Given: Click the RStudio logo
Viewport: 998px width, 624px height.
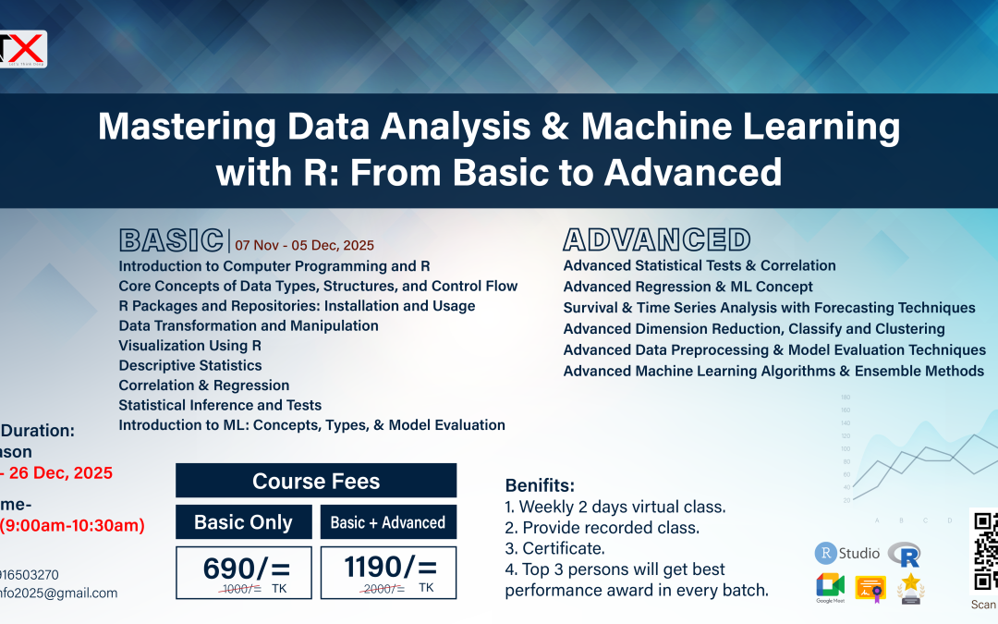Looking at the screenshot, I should pyautogui.click(x=847, y=554).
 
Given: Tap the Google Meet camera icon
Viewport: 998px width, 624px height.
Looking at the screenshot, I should pyautogui.click(x=830, y=586).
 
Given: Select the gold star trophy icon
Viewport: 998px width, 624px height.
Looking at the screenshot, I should pyautogui.click(x=911, y=587).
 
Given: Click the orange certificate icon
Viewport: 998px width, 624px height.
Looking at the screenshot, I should pyautogui.click(x=870, y=587).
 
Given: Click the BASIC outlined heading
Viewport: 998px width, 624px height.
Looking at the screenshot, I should pyautogui.click(x=171, y=240).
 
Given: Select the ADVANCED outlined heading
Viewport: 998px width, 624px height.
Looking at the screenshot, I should pyautogui.click(x=657, y=240).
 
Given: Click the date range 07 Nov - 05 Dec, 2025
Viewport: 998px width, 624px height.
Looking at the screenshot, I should pyautogui.click(x=304, y=246).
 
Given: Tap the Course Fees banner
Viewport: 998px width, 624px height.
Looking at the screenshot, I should pyautogui.click(x=316, y=481).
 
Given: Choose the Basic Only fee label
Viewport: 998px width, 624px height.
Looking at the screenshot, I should pyautogui.click(x=243, y=522).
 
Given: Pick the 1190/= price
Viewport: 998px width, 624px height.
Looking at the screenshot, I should pyautogui.click(x=388, y=567).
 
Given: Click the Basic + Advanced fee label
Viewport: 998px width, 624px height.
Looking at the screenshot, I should pyautogui.click(x=388, y=522).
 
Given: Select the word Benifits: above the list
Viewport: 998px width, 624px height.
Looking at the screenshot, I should pyautogui.click(x=540, y=486).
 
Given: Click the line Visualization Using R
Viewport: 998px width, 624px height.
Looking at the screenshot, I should pyautogui.click(x=190, y=346).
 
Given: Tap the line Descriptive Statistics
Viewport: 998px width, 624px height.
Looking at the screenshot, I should pyautogui.click(x=190, y=365).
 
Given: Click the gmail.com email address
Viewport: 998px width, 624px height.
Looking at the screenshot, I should pyautogui.click(x=59, y=593).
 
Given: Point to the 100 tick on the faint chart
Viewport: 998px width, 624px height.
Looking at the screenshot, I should pyautogui.click(x=845, y=448).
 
